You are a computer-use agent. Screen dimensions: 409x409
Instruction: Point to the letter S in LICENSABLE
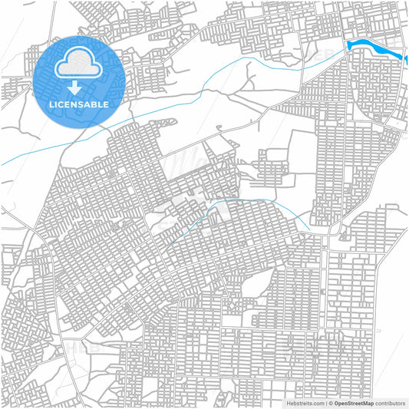point(86,104)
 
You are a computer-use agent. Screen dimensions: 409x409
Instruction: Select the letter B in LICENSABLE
point(99,104)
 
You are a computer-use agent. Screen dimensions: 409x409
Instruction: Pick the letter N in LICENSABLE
point(79,104)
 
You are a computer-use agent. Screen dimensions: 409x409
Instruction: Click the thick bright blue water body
point(376,51)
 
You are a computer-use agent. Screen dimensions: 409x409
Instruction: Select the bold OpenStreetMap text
point(354,403)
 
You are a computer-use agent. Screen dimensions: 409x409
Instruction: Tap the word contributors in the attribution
point(391,403)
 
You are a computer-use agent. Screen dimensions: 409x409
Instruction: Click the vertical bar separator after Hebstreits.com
point(325,403)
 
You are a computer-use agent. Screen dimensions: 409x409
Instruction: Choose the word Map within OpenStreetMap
point(368,403)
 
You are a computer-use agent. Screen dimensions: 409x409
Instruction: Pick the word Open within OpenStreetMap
point(340,403)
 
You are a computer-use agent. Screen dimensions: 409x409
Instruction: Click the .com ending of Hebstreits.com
point(317,403)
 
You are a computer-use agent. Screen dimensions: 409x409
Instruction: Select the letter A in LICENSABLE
point(92,104)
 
